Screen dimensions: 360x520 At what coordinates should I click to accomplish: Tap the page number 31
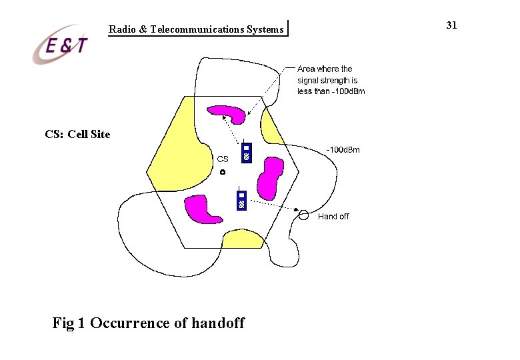pos(451,25)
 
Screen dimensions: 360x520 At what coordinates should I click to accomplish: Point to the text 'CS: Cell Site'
pos(77,135)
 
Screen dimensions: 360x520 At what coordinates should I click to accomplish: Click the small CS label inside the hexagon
pos(223,159)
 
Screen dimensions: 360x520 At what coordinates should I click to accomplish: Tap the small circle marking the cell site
pos(223,173)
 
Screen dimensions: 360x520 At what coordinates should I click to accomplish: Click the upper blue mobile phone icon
pos(246,153)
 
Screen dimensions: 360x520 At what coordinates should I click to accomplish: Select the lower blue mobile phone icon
pos(242,200)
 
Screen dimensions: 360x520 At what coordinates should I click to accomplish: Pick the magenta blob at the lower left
pos(201,209)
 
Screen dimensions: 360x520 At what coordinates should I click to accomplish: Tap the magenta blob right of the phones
pos(271,178)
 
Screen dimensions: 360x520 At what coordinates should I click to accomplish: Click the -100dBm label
pos(343,150)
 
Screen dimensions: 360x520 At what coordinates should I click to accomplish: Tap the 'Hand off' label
pos(333,217)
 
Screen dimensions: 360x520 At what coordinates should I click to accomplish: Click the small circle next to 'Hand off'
pos(303,215)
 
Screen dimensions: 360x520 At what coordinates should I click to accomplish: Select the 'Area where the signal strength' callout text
pos(331,80)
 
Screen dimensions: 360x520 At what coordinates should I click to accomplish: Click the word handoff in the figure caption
pos(218,324)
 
